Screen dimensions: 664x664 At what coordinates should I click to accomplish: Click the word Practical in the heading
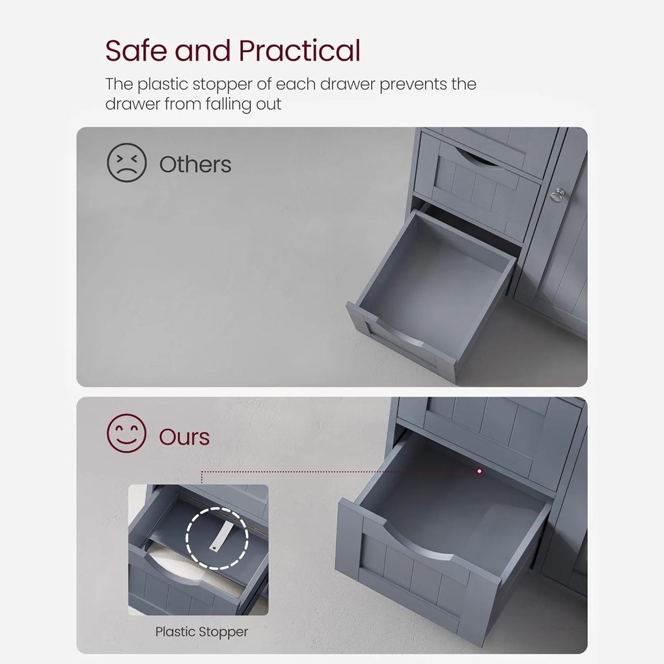tap(300, 50)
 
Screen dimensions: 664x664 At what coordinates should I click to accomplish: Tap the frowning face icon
tap(127, 163)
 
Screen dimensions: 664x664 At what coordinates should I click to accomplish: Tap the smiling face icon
tap(127, 433)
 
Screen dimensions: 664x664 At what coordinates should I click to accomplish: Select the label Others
tap(195, 164)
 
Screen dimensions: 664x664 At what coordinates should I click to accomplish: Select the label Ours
tap(184, 437)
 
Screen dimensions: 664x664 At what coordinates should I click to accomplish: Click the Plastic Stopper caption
tap(202, 632)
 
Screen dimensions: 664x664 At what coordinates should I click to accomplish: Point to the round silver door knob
tap(557, 195)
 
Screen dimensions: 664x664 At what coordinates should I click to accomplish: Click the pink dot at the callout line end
tap(479, 471)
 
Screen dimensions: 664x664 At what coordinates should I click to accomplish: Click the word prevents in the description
tap(413, 85)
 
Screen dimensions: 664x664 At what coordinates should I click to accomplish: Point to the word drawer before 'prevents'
tap(348, 84)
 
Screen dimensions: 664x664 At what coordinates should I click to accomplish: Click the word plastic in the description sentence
tap(163, 85)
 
